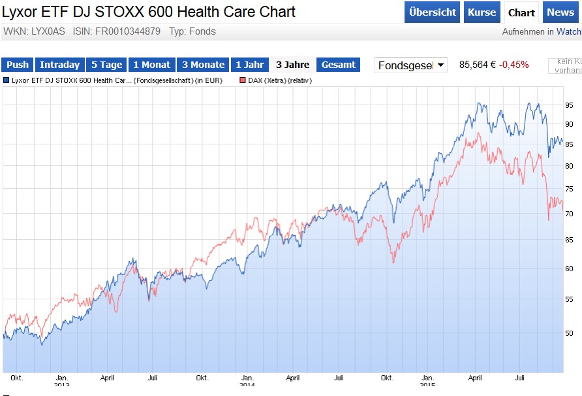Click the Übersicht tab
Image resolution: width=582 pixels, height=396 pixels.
click(432, 12)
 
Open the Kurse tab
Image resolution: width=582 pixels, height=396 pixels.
click(482, 12)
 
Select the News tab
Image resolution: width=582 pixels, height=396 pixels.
click(560, 12)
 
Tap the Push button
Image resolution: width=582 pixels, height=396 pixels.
click(18, 65)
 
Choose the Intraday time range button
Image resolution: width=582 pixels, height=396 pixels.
click(59, 65)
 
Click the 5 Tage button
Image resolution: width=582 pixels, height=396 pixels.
click(106, 65)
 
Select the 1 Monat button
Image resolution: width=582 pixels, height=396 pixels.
click(151, 65)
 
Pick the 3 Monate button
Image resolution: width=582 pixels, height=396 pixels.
click(203, 65)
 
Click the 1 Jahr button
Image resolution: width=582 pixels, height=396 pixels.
click(249, 65)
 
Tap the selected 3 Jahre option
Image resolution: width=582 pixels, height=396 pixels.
click(292, 65)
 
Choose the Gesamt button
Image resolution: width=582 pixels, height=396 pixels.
click(339, 65)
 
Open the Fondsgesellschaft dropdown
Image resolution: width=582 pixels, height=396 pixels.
click(411, 65)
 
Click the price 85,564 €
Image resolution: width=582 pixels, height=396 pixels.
click(477, 65)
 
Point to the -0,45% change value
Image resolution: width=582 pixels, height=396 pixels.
click(514, 65)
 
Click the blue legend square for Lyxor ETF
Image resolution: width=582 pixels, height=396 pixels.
click(7, 81)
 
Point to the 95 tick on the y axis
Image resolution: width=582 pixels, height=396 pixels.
click(569, 105)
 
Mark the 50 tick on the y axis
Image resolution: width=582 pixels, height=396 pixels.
click(569, 333)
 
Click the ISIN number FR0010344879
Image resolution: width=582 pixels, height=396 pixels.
click(130, 31)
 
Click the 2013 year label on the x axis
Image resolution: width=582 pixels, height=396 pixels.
click(62, 385)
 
